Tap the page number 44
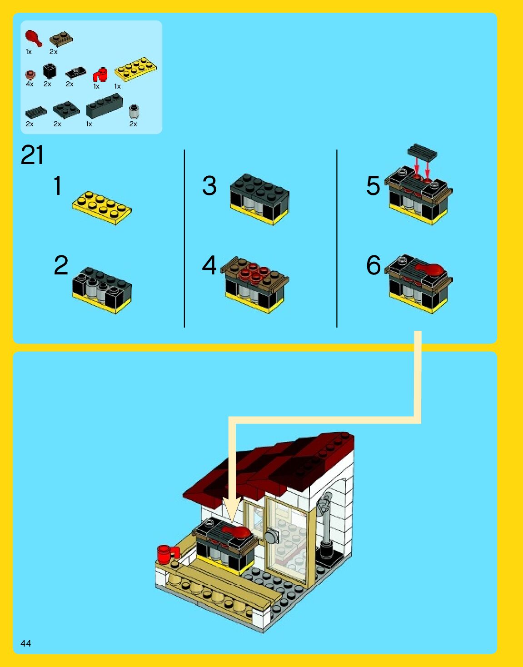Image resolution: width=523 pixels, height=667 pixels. coord(26,643)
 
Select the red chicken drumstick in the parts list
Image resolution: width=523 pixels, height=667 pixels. coord(34,38)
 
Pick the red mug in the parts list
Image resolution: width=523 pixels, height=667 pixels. coord(100,75)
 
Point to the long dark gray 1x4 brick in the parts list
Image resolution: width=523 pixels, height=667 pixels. coord(105,106)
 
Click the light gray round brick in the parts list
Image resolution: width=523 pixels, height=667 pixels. coord(134,112)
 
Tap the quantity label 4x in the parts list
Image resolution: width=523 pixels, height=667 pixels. coord(30,84)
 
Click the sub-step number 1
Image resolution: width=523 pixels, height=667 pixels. coord(58,185)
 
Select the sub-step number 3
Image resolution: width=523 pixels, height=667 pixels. coord(209,185)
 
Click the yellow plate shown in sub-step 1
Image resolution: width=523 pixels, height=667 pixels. coord(102,208)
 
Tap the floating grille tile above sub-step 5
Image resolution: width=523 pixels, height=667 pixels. coord(422,152)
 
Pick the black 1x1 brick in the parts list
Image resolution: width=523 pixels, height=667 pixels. coord(50,71)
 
